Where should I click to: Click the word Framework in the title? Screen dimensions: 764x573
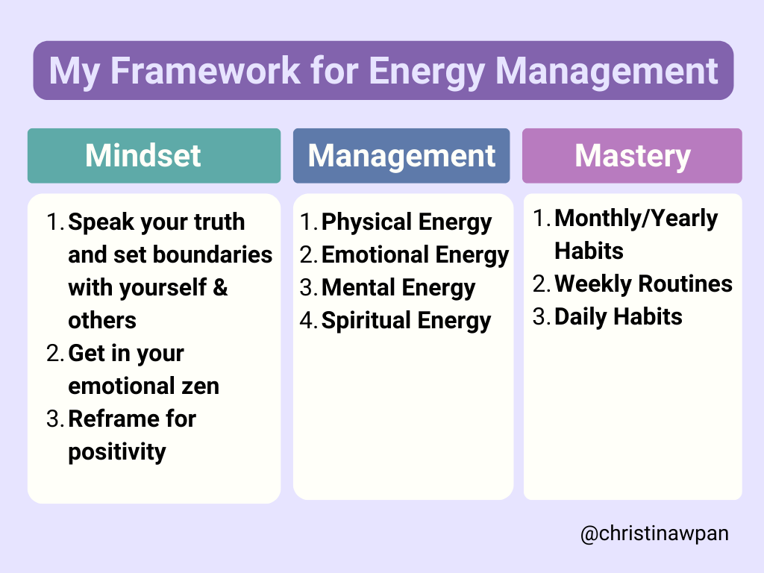[x=205, y=71]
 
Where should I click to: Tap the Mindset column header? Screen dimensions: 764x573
[x=154, y=155]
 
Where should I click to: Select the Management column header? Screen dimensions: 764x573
[x=401, y=155]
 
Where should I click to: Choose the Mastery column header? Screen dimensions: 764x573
[x=632, y=155]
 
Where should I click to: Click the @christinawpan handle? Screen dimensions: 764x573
[x=654, y=533]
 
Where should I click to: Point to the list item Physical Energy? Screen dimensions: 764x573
[x=407, y=222]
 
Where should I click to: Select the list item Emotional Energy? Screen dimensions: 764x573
[x=415, y=255]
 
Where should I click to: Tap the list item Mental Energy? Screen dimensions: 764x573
[x=398, y=288]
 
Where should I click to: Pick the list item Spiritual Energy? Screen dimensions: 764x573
[x=406, y=321]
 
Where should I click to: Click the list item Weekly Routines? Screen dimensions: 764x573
[x=643, y=284]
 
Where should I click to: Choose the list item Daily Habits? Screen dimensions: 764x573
[x=619, y=316]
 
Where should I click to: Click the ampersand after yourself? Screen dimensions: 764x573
[x=220, y=287]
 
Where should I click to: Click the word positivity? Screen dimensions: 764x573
[x=117, y=452]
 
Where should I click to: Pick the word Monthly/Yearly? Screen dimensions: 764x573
[x=636, y=219]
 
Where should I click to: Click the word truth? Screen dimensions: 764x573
[x=219, y=222]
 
